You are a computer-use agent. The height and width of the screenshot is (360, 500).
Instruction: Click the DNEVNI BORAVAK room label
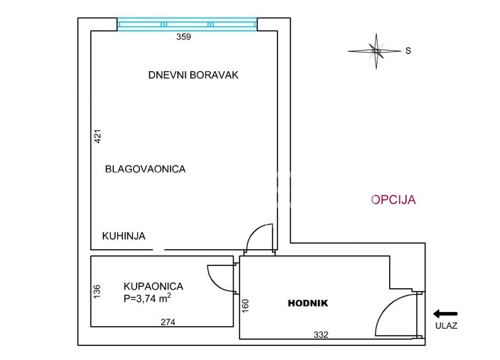[194, 75]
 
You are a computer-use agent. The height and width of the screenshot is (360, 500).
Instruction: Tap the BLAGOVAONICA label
[145, 168]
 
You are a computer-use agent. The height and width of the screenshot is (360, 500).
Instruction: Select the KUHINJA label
[124, 236]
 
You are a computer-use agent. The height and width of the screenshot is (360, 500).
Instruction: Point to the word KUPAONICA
[154, 286]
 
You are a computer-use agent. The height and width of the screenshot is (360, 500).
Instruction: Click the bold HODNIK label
[308, 303]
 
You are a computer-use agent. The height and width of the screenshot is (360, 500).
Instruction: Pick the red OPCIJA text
[393, 200]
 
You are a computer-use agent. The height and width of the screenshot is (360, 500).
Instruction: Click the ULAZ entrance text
[446, 325]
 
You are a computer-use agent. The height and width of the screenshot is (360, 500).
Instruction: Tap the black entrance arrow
[445, 314]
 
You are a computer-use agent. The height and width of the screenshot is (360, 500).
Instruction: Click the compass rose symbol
[376, 51]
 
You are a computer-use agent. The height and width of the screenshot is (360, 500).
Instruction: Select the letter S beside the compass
[408, 51]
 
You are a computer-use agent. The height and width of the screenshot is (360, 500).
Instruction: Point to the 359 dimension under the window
[183, 37]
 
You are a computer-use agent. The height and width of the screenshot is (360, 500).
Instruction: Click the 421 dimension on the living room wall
[97, 136]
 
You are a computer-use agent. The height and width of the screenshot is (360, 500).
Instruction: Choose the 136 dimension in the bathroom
[97, 292]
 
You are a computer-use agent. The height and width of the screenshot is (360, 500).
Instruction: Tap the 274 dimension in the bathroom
[168, 322]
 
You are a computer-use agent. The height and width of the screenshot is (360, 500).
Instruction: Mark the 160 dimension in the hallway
[245, 306]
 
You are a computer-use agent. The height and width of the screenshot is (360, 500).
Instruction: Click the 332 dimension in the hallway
[321, 334]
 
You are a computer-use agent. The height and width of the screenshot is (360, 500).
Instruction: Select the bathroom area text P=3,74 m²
[147, 298]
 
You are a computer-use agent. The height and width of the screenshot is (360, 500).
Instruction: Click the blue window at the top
[187, 24]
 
